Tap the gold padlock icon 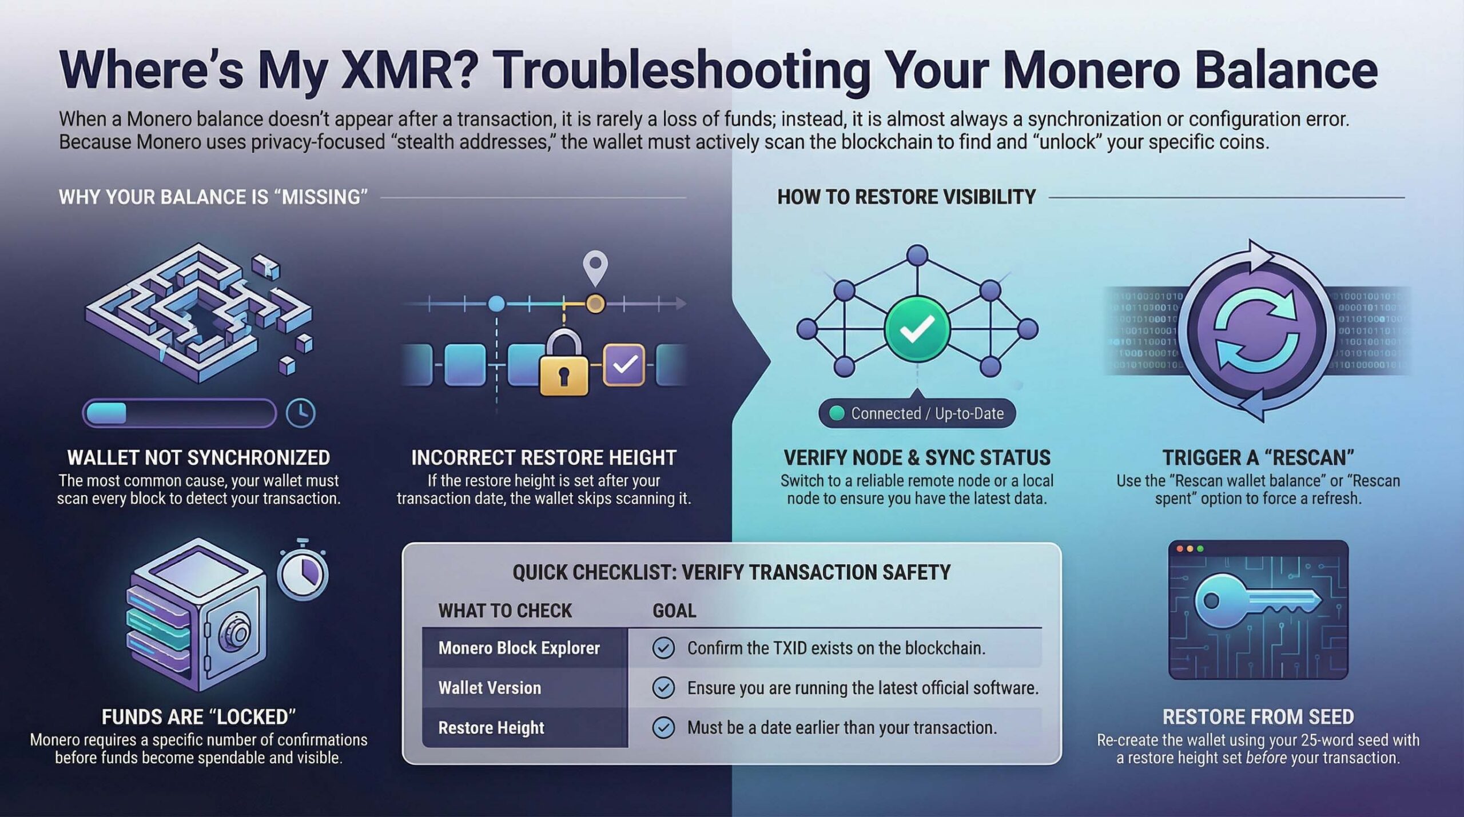(564, 364)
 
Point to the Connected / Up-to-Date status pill (917, 413)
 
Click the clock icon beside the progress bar (300, 413)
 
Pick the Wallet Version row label (490, 688)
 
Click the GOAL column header (674, 611)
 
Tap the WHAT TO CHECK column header (505, 611)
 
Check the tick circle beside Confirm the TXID (663, 648)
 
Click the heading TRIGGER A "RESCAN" (1258, 458)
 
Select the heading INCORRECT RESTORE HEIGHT (544, 458)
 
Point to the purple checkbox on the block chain (624, 364)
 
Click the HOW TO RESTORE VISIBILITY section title (906, 197)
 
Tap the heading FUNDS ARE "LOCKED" (198, 717)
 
